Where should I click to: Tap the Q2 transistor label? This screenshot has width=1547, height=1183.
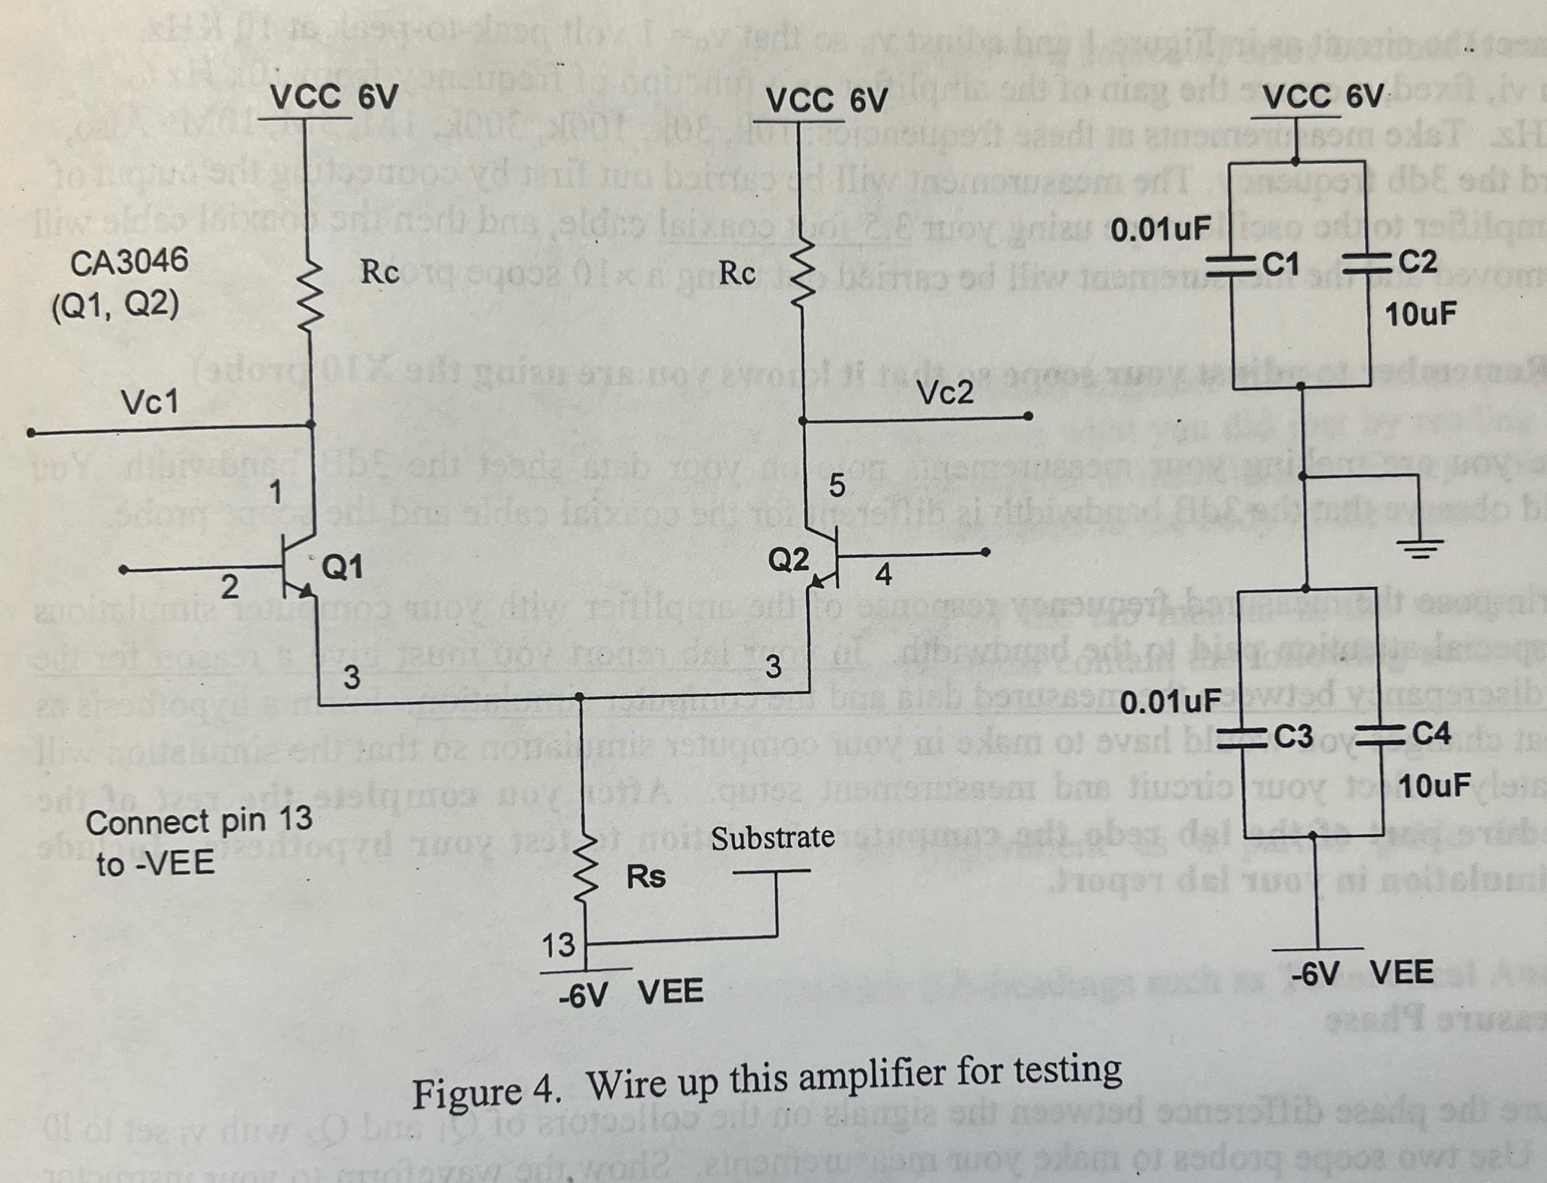pyautogui.click(x=788, y=560)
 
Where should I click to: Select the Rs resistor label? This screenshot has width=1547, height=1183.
pyautogui.click(x=646, y=877)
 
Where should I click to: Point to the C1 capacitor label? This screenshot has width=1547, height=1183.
pyautogui.click(x=1281, y=264)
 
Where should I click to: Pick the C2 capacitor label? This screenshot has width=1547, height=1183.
pyautogui.click(x=1417, y=262)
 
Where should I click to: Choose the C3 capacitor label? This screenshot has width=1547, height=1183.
pyautogui.click(x=1294, y=734)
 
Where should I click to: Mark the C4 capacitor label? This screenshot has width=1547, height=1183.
pyautogui.click(x=1431, y=733)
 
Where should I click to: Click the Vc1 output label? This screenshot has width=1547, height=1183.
pyautogui.click(x=150, y=403)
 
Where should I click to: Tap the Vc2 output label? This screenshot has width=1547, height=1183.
pyautogui.click(x=946, y=393)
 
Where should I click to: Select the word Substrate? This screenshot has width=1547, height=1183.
pyautogui.click(x=772, y=838)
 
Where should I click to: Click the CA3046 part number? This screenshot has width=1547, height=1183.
pyautogui.click(x=129, y=262)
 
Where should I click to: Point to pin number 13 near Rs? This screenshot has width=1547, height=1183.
pyautogui.click(x=558, y=945)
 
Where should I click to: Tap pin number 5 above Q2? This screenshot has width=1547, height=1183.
pyautogui.click(x=837, y=486)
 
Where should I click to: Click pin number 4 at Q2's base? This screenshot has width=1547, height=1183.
pyautogui.click(x=882, y=576)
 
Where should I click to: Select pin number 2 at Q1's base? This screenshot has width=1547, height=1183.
pyautogui.click(x=229, y=587)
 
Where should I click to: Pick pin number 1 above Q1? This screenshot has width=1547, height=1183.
pyautogui.click(x=276, y=493)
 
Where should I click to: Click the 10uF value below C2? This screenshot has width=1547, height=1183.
pyautogui.click(x=1420, y=314)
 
